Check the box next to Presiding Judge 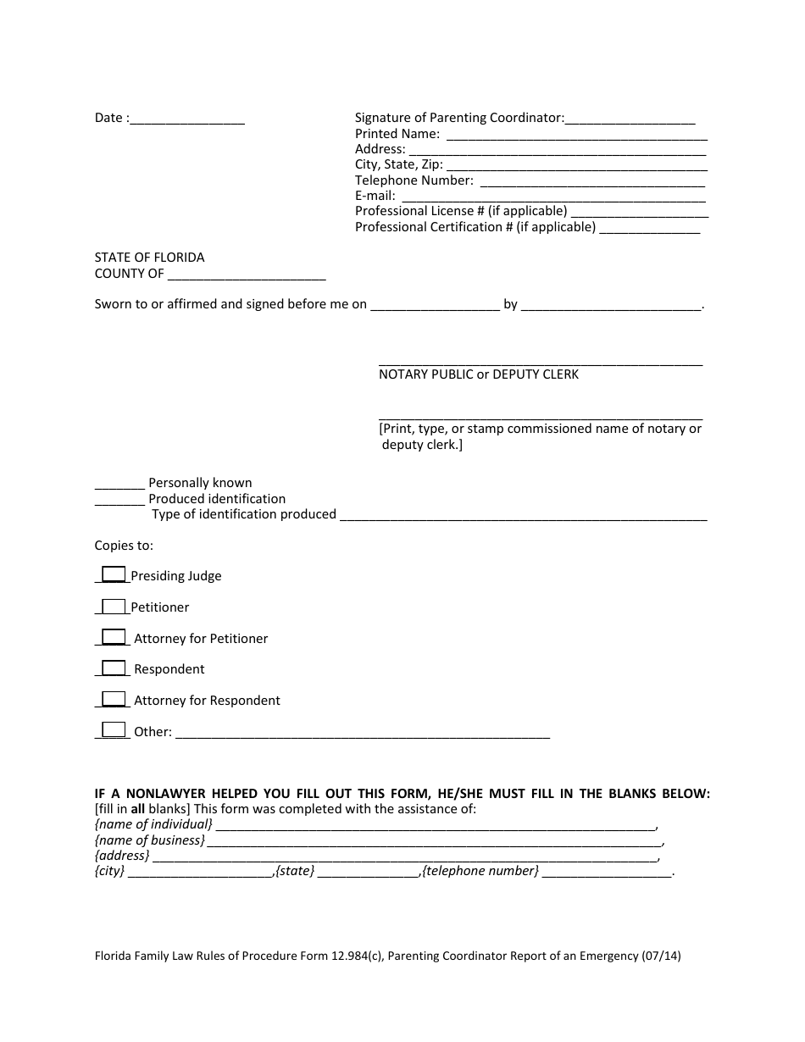point(114,575)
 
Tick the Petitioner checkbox point(114,607)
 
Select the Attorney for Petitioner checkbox point(114,638)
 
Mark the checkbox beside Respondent point(114,668)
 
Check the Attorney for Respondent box point(114,700)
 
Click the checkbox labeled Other point(114,730)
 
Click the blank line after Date point(187,119)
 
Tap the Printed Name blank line point(576,135)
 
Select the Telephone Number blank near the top point(592,181)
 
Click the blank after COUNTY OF point(247,274)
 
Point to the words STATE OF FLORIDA point(149,258)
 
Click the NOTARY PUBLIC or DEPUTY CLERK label point(479,374)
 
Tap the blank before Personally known point(119,484)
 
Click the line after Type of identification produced point(523,515)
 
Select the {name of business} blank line point(435,841)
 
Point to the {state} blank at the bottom point(369,872)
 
